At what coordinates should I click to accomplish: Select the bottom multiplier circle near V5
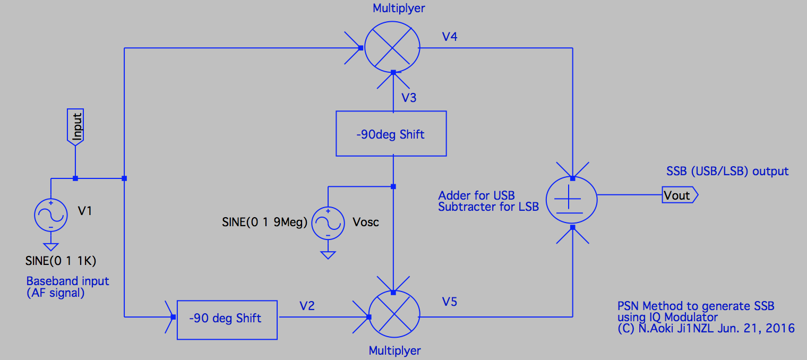(x=393, y=318)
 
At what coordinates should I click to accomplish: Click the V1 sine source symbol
(x=51, y=215)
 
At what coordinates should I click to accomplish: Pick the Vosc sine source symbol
(x=328, y=222)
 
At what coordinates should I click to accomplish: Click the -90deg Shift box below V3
(x=391, y=134)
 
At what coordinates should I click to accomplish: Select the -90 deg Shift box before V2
(x=227, y=318)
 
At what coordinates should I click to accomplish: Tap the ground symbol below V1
(x=51, y=246)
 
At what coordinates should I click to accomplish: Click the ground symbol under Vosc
(x=328, y=255)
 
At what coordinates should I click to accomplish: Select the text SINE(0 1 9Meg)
(x=264, y=222)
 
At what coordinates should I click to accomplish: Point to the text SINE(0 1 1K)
(x=61, y=261)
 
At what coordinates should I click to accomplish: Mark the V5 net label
(x=449, y=302)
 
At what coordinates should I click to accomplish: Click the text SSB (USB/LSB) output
(x=727, y=171)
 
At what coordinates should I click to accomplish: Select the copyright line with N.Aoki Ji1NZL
(x=706, y=328)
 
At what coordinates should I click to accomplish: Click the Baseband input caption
(x=68, y=281)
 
